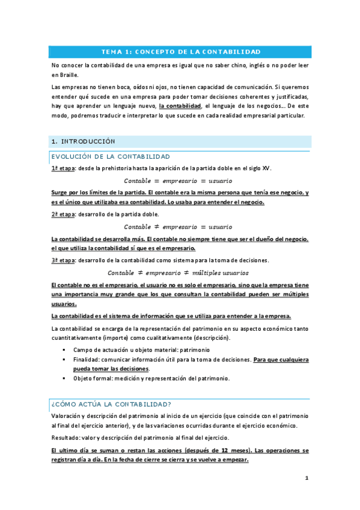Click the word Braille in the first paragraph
pyautogui.click(x=64, y=76)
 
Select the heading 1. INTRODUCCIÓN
pyautogui.click(x=82, y=141)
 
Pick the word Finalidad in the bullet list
pyautogui.click(x=87, y=359)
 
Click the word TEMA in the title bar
pyautogui.click(x=111, y=52)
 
